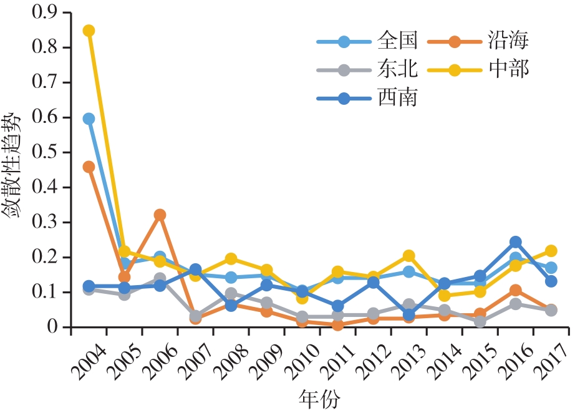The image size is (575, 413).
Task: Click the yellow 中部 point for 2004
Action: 89,31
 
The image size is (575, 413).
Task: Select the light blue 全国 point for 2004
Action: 89,119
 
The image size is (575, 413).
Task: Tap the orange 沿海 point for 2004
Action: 89,167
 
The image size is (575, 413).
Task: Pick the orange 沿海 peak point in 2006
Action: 160,215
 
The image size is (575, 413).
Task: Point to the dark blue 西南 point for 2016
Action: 515,242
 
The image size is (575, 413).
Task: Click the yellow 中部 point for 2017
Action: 551,251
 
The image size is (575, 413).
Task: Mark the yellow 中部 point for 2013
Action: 408,256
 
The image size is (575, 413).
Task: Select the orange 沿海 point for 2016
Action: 515,291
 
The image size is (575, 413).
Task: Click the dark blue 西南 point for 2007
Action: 195,270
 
